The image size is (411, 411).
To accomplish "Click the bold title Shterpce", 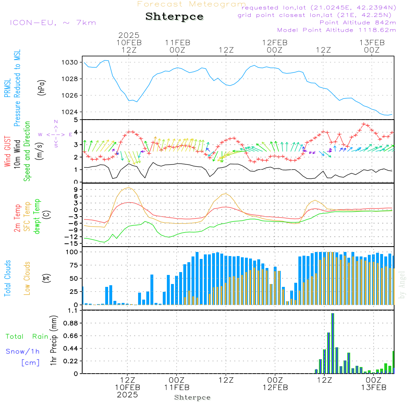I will (x=174, y=17).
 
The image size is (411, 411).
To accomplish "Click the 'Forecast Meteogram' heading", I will (x=192, y=4).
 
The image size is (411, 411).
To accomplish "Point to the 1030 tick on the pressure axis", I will (x=70, y=62).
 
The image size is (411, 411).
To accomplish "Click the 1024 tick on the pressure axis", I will (x=70, y=112).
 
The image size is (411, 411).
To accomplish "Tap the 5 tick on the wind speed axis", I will (x=76, y=120).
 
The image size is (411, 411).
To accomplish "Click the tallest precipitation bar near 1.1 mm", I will (x=332, y=343).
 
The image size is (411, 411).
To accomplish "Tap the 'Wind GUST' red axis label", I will (x=7, y=152).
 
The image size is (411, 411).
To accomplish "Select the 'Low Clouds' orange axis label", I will (x=27, y=278).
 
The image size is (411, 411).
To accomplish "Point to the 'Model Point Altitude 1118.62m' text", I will (x=337, y=30).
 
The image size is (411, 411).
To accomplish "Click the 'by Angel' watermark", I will (x=402, y=285).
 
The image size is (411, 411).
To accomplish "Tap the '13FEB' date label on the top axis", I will (x=372, y=42).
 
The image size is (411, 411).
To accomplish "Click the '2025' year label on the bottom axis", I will (x=128, y=395).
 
